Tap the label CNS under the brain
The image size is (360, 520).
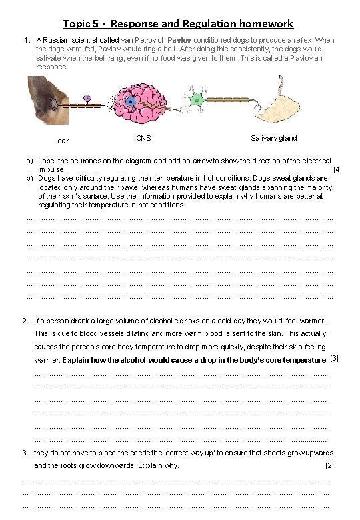click(x=143, y=138)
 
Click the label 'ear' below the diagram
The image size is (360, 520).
click(x=63, y=141)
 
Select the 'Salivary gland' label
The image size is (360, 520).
click(x=274, y=138)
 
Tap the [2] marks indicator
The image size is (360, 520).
click(x=329, y=465)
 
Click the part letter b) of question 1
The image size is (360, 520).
click(x=29, y=179)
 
